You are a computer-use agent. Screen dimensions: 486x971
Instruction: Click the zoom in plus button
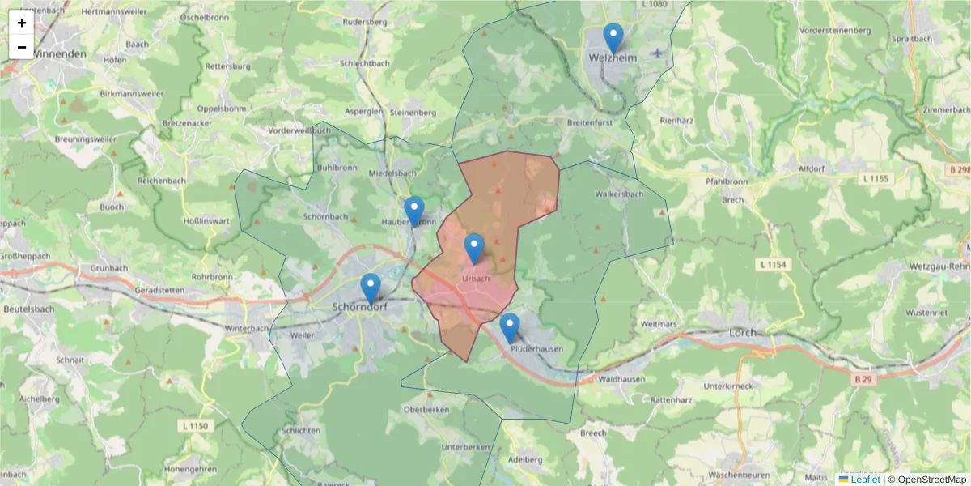tap(22, 23)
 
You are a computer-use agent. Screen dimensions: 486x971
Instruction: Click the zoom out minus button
tap(22, 47)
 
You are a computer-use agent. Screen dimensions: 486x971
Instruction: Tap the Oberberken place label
tap(426, 410)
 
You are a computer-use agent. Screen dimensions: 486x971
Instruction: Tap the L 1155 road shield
tap(876, 178)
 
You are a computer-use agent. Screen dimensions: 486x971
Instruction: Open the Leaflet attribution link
tap(864, 480)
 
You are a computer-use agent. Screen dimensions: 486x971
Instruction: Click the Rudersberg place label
tap(365, 22)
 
